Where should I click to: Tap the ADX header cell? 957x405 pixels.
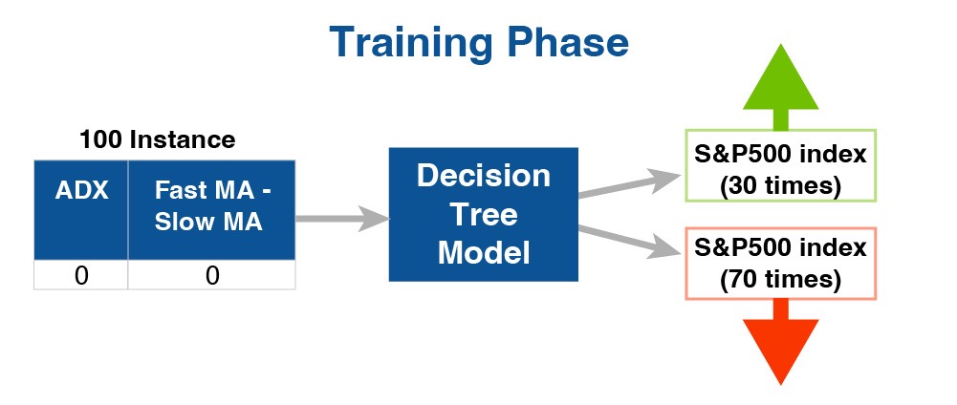[81, 210]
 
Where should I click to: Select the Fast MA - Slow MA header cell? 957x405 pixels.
[212, 210]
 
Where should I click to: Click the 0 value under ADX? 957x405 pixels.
[81, 276]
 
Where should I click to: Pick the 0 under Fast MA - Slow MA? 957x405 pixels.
[212, 276]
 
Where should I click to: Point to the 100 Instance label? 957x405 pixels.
[158, 139]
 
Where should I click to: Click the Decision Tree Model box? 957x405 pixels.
[484, 214]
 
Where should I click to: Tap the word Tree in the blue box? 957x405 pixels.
[484, 215]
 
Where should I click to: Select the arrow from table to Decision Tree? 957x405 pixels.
[342, 219]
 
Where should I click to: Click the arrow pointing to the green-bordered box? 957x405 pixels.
[629, 184]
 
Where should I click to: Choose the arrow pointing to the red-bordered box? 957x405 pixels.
[629, 241]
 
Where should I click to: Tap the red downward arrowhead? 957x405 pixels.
[781, 352]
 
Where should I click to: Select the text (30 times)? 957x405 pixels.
[781, 186]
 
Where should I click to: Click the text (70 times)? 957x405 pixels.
[781, 280]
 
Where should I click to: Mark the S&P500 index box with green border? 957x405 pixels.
[781, 165]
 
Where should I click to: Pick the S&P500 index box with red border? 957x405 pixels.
[781, 264]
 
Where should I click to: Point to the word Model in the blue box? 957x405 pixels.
[484, 252]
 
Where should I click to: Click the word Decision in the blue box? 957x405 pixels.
[484, 176]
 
